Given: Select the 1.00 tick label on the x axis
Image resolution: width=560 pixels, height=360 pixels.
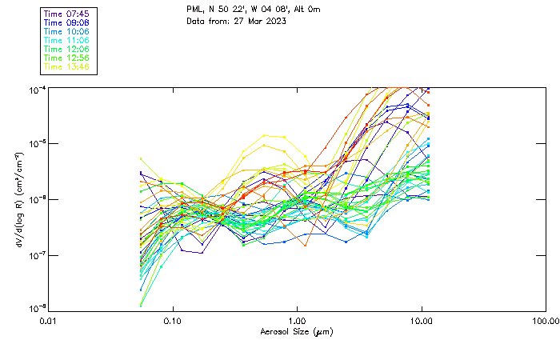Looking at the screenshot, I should pos(297,321).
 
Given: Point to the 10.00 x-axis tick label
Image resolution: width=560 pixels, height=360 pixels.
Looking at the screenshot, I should pos(421,321).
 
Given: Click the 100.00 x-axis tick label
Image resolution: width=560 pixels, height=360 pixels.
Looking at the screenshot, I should pos(545,321).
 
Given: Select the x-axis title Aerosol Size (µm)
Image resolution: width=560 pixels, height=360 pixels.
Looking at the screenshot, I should pos(297,331).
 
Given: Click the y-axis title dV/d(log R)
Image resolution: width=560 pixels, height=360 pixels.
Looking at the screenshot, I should pos(18,198).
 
